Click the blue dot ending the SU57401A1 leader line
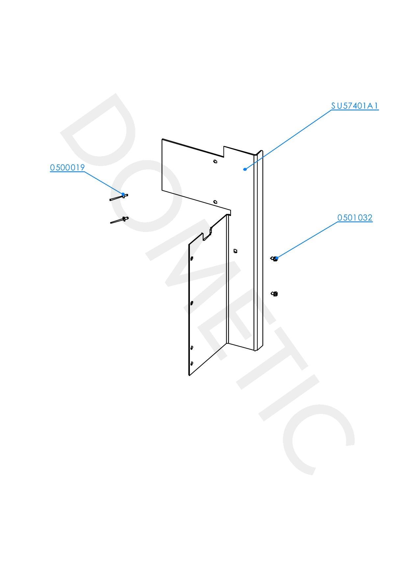tap(245, 169)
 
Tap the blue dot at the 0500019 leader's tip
tap(123, 194)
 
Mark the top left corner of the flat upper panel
tap(162, 139)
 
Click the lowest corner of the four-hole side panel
tap(189, 376)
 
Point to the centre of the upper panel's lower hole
tap(215, 202)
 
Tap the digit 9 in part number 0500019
tap(83, 167)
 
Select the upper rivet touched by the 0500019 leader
tap(118, 197)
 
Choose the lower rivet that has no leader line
tap(119, 220)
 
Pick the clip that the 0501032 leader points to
tap(273, 259)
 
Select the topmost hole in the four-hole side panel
tap(192, 258)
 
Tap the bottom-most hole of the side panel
tap(191, 363)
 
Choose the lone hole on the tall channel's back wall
tap(235, 251)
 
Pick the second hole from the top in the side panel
tap(192, 303)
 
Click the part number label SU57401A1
tap(355, 106)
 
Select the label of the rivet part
tap(67, 167)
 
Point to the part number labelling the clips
tap(355, 217)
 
